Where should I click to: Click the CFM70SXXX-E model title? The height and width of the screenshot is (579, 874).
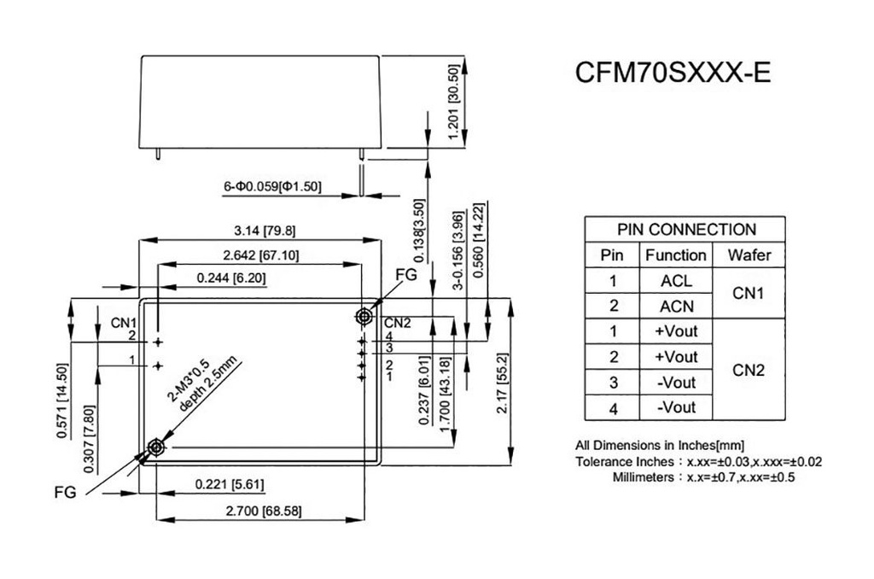tap(673, 72)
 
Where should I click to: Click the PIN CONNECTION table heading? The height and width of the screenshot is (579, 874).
tap(686, 229)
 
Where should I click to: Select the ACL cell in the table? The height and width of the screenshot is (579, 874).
tap(676, 281)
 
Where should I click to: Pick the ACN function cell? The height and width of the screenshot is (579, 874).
tap(676, 307)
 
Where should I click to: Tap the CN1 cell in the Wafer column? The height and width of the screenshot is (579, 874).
tap(748, 293)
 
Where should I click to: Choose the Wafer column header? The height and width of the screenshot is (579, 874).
tap(749, 255)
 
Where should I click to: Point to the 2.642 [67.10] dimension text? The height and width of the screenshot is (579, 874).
tap(261, 255)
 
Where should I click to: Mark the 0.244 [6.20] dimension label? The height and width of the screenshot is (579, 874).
tap(231, 278)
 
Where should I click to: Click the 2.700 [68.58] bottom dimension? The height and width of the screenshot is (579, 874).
tap(263, 511)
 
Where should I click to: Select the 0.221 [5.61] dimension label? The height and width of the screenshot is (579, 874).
tap(230, 483)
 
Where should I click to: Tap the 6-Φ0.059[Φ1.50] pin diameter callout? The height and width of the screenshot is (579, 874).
tap(272, 186)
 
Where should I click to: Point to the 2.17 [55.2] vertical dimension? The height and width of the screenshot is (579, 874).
tap(502, 383)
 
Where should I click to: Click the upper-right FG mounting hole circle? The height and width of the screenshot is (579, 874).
tap(364, 317)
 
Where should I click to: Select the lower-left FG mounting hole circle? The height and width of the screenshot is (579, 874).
tap(155, 447)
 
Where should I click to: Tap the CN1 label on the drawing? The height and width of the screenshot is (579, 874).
tap(124, 323)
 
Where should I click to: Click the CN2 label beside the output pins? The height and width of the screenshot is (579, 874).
tap(398, 323)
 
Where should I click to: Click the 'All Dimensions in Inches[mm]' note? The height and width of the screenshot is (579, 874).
tap(660, 445)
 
